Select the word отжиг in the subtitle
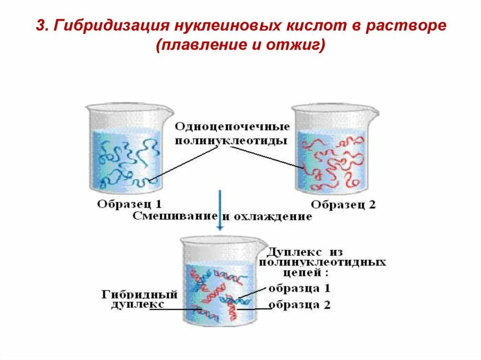[298, 46]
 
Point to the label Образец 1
[130, 204]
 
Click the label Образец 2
[343, 205]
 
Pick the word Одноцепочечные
[233, 127]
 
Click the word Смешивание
[175, 216]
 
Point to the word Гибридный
[140, 295]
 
